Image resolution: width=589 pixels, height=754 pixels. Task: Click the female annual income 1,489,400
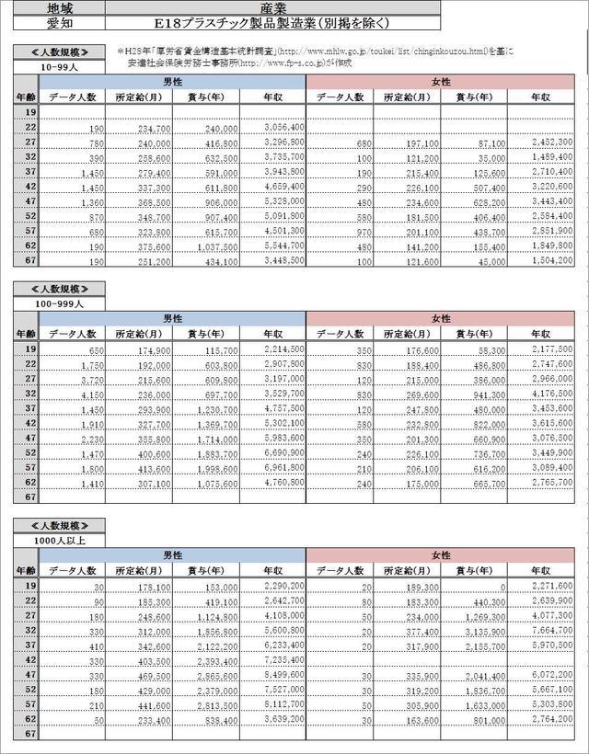(552, 157)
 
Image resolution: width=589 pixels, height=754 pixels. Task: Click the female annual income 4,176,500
(552, 394)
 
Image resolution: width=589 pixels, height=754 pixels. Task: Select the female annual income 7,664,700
(552, 631)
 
